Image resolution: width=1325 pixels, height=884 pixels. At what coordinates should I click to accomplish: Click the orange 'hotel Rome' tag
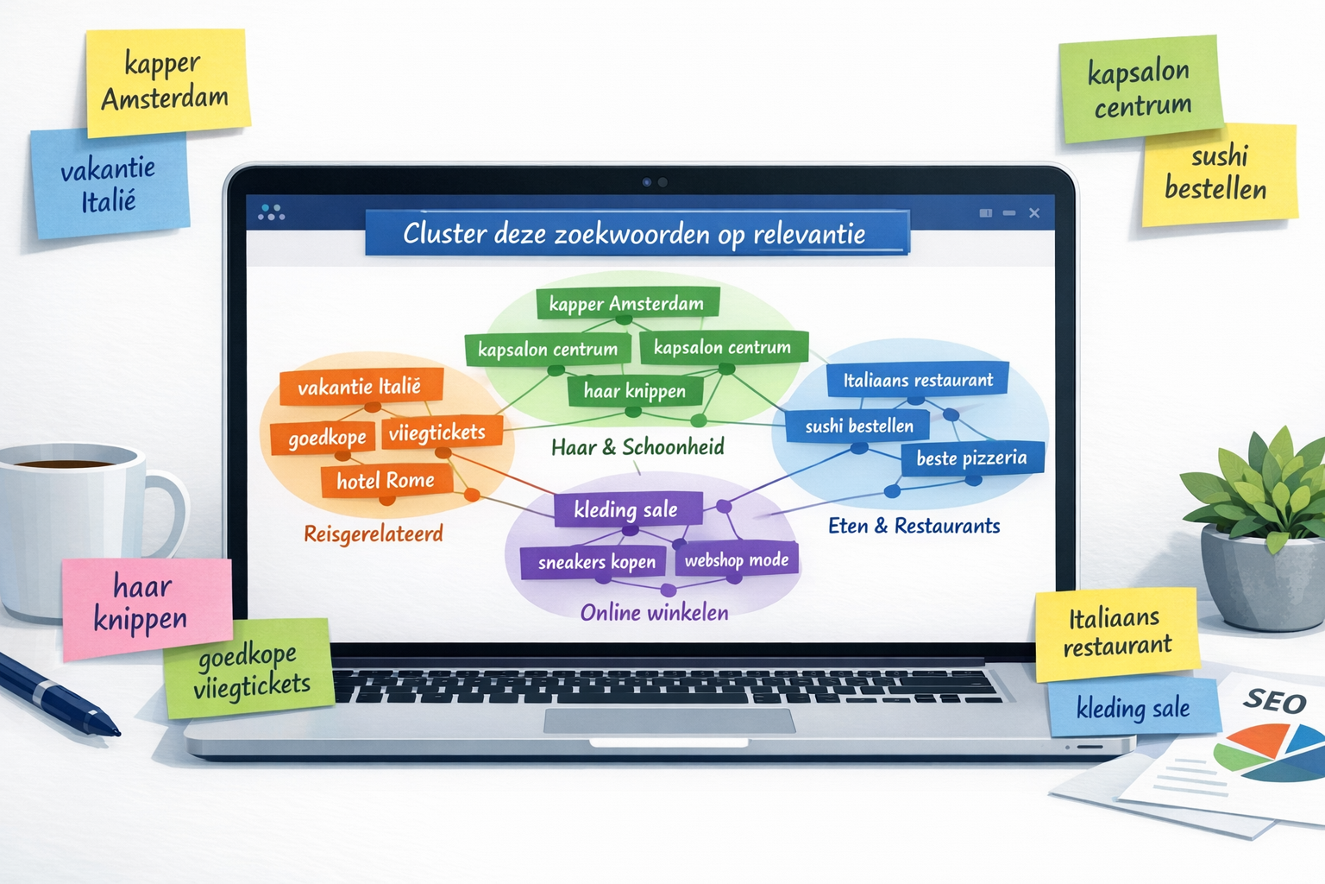tap(386, 481)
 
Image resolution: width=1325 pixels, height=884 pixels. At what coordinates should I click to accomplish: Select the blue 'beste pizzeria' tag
tap(971, 458)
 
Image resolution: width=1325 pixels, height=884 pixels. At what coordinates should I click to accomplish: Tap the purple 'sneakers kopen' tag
tap(596, 563)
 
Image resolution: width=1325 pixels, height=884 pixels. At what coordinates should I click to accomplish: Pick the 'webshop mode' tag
tap(737, 560)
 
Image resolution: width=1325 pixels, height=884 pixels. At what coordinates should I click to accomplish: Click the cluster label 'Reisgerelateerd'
tap(373, 534)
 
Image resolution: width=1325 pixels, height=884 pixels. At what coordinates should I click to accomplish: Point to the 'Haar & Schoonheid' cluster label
tap(637, 447)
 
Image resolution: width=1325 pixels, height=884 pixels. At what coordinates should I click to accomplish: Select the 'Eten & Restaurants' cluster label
tap(914, 526)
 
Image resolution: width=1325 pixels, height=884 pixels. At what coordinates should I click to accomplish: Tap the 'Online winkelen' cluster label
tap(654, 613)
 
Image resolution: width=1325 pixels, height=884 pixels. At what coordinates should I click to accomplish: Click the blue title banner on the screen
tap(636, 233)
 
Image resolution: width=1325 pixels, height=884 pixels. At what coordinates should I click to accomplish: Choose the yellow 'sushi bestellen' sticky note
tap(1218, 174)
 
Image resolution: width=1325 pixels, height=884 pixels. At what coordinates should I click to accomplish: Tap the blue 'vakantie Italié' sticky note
tap(109, 184)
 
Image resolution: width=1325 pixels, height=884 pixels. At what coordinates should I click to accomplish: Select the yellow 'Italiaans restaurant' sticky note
tap(1116, 633)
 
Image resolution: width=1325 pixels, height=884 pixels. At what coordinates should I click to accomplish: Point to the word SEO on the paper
tap(1274, 701)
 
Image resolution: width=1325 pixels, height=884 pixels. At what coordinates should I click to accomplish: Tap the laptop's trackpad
tap(669, 721)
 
